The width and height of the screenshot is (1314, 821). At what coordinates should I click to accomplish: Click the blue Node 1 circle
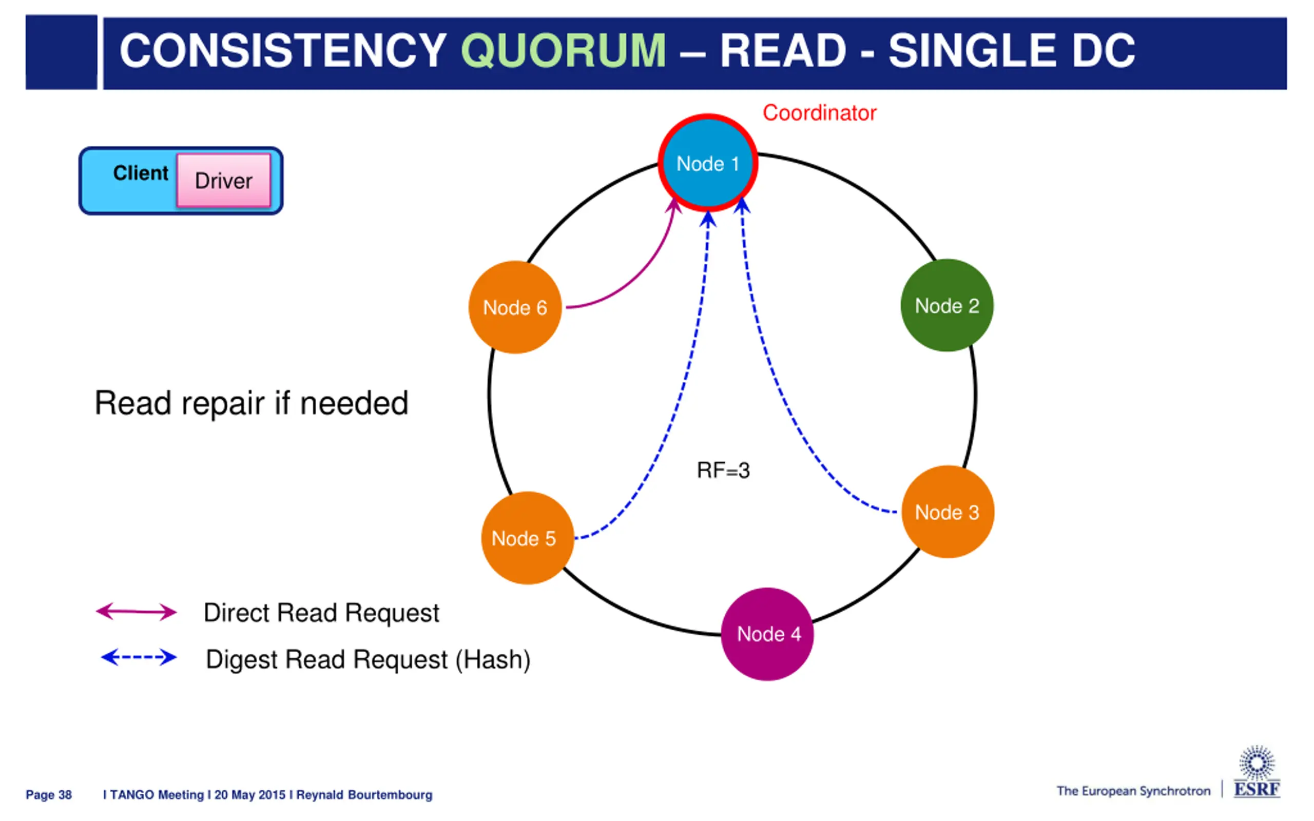tap(707, 163)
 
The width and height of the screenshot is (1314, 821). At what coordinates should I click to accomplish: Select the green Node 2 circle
tap(947, 305)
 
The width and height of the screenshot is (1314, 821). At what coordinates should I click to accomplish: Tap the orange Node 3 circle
tap(948, 512)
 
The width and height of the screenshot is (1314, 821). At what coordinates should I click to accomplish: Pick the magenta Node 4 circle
tap(767, 634)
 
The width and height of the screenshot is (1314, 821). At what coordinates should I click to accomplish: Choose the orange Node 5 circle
tap(527, 538)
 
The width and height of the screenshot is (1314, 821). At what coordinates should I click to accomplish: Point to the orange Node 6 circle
tap(515, 307)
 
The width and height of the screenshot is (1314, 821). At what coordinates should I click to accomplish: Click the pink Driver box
tap(224, 180)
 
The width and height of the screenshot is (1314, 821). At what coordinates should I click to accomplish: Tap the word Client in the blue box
tap(141, 173)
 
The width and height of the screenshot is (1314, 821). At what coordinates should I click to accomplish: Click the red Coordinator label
tap(819, 113)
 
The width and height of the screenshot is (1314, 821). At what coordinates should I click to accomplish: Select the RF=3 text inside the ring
tap(723, 470)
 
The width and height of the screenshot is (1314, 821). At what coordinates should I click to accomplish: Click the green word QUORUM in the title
tap(563, 50)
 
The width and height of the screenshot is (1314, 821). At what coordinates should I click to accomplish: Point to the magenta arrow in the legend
tap(137, 612)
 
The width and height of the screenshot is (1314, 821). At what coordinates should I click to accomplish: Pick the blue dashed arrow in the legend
tap(139, 657)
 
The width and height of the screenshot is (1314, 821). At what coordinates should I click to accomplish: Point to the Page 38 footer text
tap(49, 794)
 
